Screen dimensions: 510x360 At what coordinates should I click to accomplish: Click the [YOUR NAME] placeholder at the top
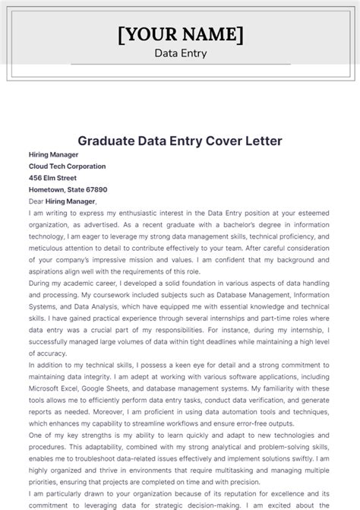click(180, 35)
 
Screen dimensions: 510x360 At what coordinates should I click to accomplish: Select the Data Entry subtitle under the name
click(180, 53)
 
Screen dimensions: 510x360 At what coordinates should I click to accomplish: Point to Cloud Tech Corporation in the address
click(67, 166)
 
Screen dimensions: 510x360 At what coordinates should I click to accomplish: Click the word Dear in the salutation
click(37, 201)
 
